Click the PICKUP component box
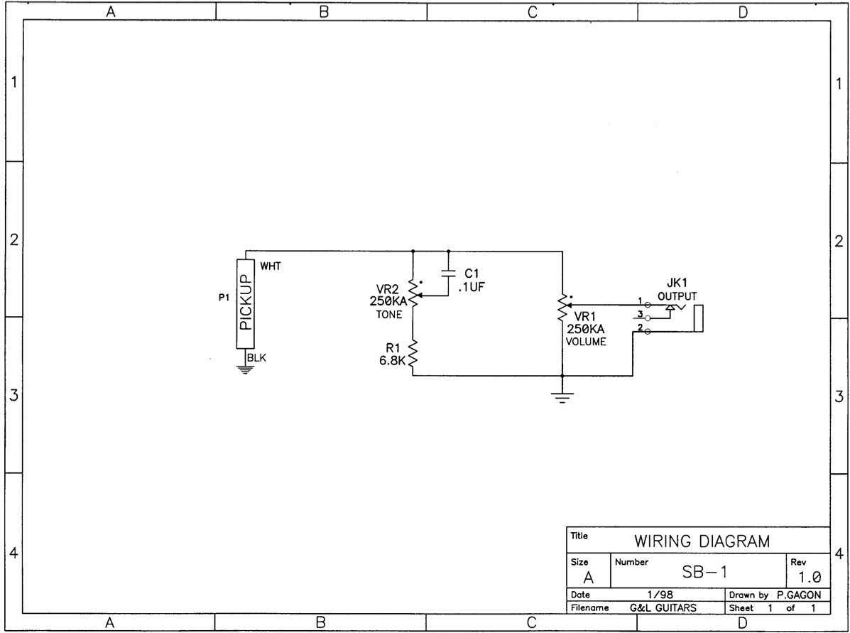point(246,303)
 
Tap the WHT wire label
point(271,266)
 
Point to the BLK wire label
point(257,358)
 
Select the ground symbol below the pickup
point(245,370)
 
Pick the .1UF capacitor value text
point(471,288)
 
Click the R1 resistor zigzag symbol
point(413,354)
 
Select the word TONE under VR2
point(389,315)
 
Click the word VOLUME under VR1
point(586,342)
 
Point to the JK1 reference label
point(677,283)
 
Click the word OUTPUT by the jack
point(677,296)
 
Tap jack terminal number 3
point(641,313)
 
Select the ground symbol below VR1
point(562,398)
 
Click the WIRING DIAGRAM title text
point(702,541)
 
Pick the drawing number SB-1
point(704,572)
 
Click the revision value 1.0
point(810,577)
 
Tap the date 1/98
point(660,595)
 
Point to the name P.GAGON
point(798,595)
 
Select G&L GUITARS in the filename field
point(663,608)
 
